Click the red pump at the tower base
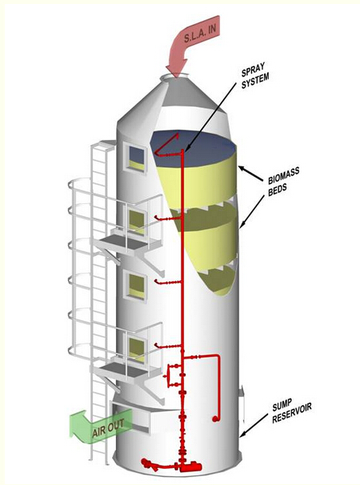point(190,466)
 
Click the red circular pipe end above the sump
point(214,419)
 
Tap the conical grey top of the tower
point(173,99)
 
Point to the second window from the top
point(135,220)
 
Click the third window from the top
point(136,285)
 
